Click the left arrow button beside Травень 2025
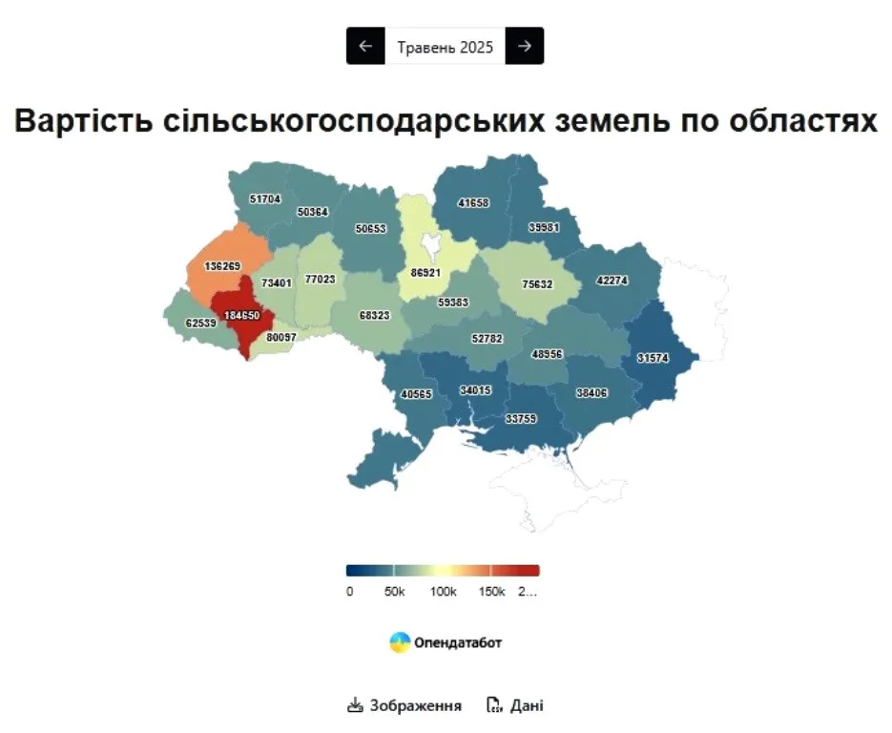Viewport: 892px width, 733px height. click(x=365, y=46)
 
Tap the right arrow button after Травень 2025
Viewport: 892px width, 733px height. click(x=525, y=46)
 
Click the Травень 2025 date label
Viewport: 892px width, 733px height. click(x=446, y=46)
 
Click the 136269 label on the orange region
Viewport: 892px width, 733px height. click(x=223, y=265)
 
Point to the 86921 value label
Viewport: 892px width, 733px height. click(x=425, y=272)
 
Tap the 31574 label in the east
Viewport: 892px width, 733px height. click(x=654, y=359)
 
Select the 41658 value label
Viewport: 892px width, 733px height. click(x=474, y=203)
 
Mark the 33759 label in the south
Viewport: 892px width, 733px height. click(x=523, y=417)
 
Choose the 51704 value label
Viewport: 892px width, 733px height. click(x=265, y=199)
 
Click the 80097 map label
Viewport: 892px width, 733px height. click(x=282, y=337)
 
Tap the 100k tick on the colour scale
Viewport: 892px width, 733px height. click(x=443, y=592)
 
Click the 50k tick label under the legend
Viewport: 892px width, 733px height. click(x=394, y=592)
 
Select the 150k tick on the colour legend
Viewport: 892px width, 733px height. click(x=490, y=592)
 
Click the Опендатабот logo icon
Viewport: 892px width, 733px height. click(x=400, y=642)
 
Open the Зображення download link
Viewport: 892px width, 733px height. click(x=405, y=706)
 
